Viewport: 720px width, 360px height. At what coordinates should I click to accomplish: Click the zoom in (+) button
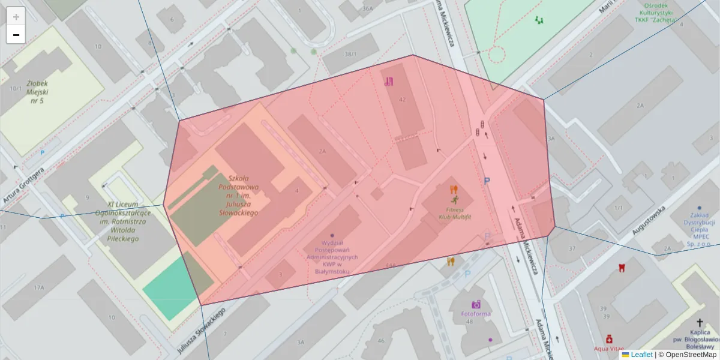click(16, 17)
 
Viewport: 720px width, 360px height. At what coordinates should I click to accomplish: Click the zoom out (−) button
click(16, 35)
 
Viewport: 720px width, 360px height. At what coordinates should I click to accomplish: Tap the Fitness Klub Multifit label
click(455, 212)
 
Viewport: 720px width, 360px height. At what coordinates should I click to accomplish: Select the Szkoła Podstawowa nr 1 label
click(242, 195)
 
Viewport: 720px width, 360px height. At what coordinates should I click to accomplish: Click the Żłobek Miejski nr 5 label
click(37, 92)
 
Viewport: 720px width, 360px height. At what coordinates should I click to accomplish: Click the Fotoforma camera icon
click(476, 304)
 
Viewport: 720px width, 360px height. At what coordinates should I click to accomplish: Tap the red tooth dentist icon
click(622, 268)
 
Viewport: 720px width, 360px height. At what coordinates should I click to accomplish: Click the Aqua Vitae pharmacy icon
click(609, 339)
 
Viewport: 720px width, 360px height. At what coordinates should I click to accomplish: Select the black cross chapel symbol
click(700, 323)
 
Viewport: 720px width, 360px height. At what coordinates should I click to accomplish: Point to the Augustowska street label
click(650, 221)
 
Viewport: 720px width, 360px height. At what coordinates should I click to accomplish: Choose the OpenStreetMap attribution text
click(691, 355)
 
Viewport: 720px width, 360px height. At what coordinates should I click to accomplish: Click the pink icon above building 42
click(389, 82)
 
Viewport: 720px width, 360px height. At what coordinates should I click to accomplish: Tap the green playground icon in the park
click(539, 20)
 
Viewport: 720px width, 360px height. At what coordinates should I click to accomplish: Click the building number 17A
click(39, 288)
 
